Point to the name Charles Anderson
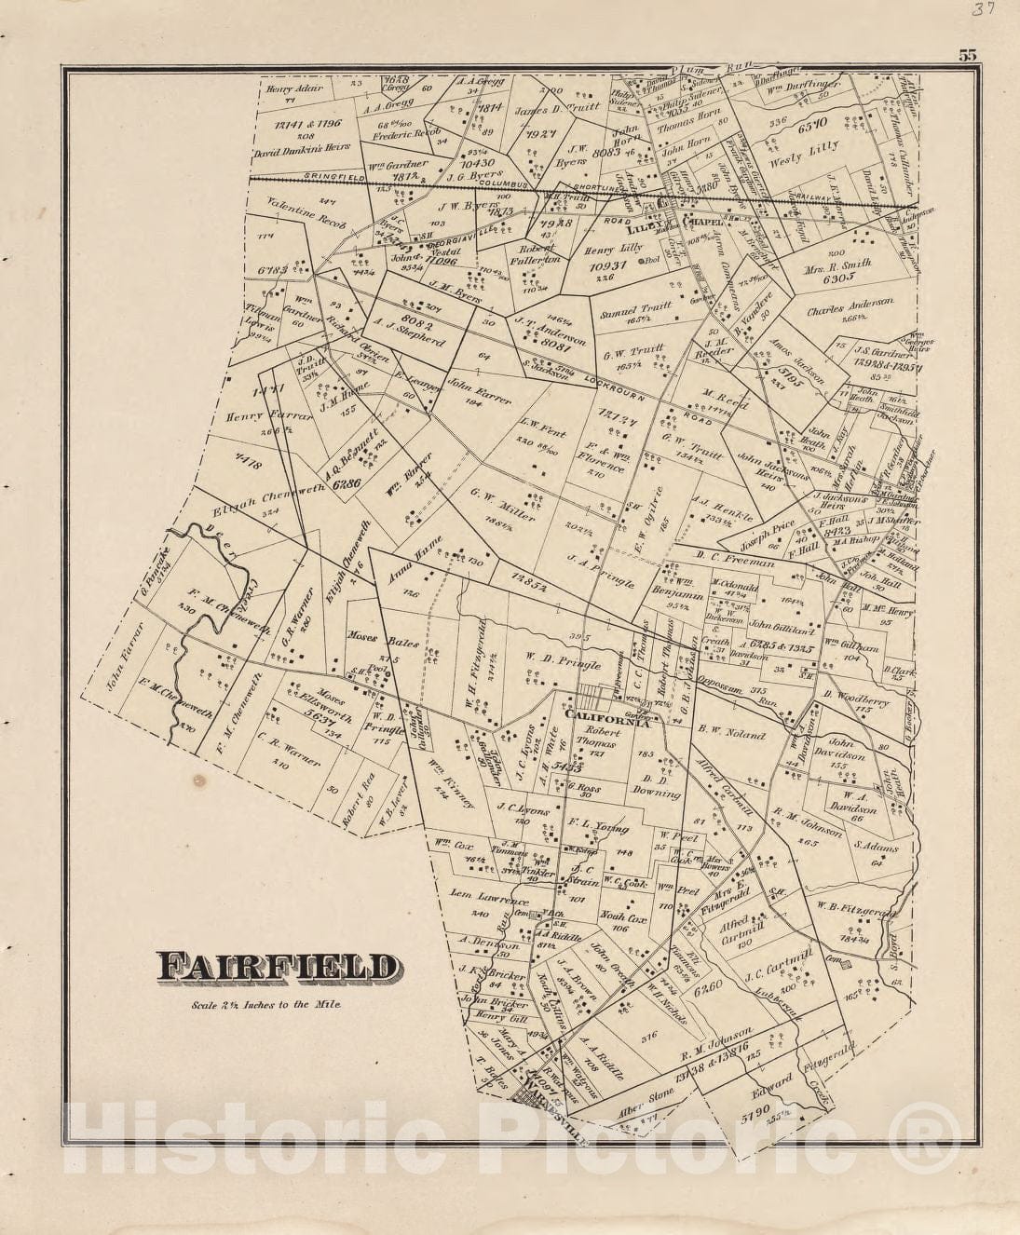coord(850,303)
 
